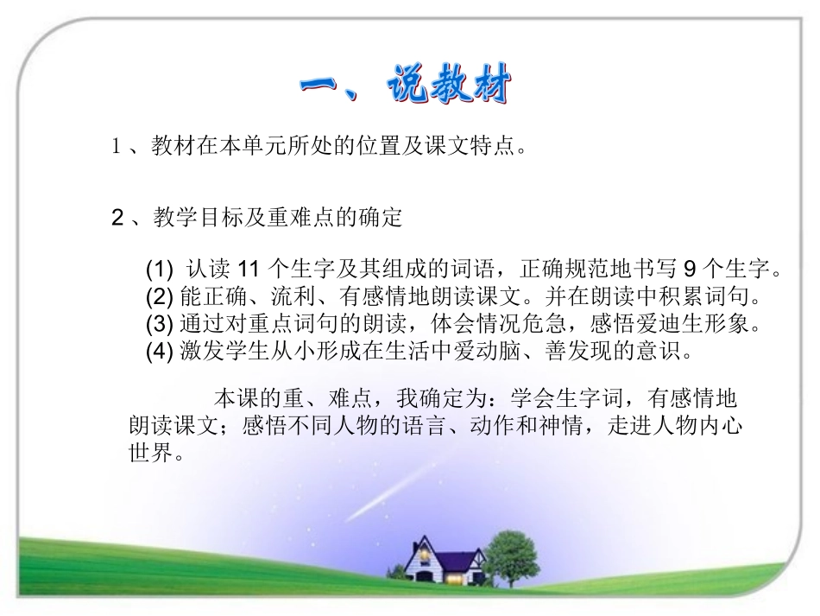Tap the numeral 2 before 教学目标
pos(118,218)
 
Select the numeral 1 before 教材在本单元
pos(117,147)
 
